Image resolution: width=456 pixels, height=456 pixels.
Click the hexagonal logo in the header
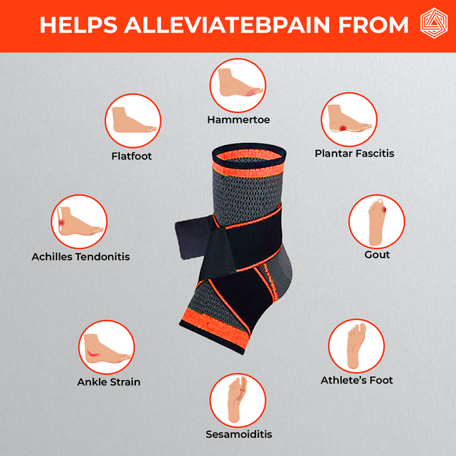(434, 23)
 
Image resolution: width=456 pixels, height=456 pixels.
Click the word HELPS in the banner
(78, 25)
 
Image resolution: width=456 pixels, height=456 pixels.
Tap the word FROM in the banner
(373, 25)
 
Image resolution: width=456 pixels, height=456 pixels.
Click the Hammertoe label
(239, 119)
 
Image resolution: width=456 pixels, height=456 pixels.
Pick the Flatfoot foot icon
(133, 121)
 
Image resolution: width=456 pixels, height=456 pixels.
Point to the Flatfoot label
(131, 156)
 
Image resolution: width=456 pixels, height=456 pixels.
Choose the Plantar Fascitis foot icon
(349, 119)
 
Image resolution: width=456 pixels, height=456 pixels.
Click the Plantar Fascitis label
(354, 154)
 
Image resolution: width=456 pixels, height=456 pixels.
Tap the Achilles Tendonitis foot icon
(79, 222)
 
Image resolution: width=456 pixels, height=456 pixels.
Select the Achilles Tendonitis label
(81, 257)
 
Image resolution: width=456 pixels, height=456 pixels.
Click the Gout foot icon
(377, 222)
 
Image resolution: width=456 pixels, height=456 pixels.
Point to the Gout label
(377, 255)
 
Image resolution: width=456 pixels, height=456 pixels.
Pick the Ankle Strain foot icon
(106, 347)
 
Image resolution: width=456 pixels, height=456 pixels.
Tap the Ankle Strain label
(109, 382)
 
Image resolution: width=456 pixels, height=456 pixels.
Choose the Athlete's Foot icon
(356, 346)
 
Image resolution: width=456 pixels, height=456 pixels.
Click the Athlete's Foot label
(356, 380)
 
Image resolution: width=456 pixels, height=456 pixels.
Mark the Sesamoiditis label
(239, 434)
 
